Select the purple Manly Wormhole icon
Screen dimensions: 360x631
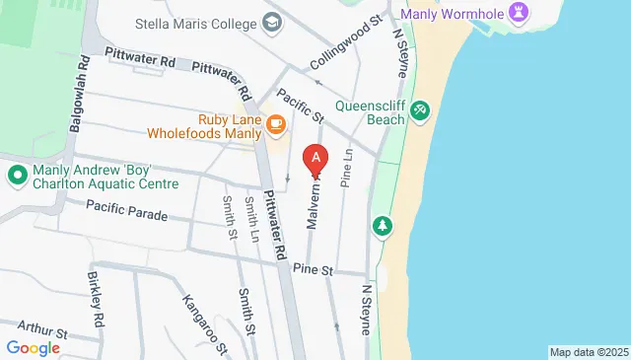[522, 13]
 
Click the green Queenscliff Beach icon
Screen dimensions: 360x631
[420, 108]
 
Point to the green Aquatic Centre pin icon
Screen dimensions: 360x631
[17, 176]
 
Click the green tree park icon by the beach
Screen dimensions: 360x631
[382, 228]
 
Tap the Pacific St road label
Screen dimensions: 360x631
[301, 107]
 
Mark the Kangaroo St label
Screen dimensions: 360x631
[205, 322]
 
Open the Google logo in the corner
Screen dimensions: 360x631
[33, 347]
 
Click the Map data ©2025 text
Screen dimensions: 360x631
[589, 352]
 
